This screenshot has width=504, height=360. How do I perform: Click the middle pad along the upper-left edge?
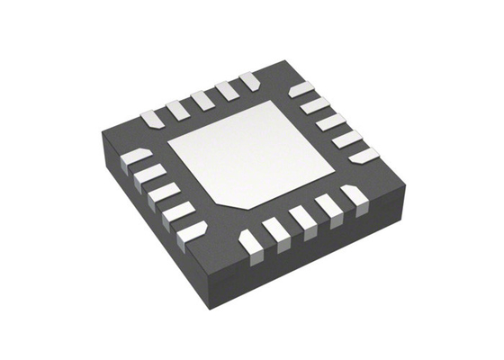click(202, 97)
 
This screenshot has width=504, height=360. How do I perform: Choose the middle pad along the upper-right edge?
click(332, 121)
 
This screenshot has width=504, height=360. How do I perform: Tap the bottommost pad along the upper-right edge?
click(363, 155)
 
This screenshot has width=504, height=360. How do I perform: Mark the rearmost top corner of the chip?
click(285, 60)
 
